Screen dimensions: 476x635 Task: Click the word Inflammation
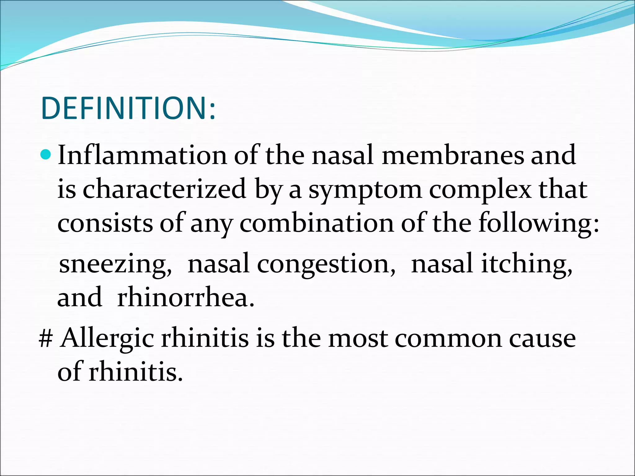pyautogui.click(x=142, y=155)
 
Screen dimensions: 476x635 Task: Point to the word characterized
pyautogui.click(x=164, y=189)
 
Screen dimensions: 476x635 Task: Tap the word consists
pyautogui.click(x=105, y=223)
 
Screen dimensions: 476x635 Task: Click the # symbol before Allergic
pyautogui.click(x=46, y=339)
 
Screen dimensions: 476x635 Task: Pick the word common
pyautogui.click(x=448, y=339)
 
